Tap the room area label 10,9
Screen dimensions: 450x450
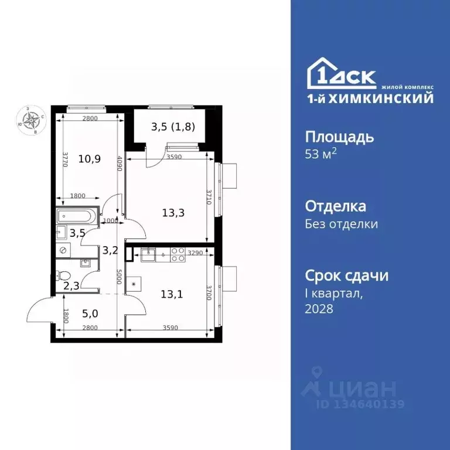click(88, 159)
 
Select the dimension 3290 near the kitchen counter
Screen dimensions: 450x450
click(195, 253)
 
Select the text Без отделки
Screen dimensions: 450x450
click(342, 224)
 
